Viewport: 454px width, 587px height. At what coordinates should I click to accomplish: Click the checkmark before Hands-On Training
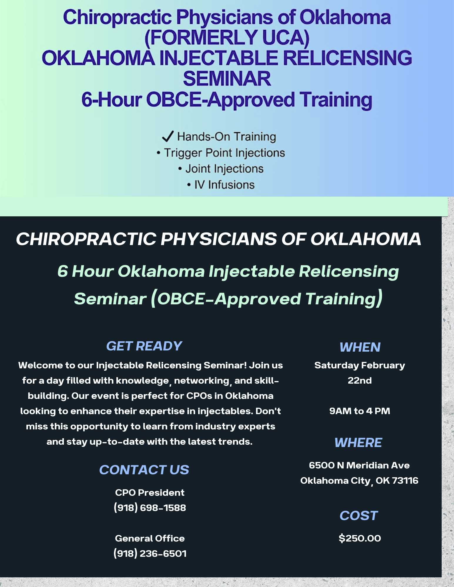(168, 136)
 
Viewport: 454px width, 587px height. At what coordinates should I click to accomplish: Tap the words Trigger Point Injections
(225, 153)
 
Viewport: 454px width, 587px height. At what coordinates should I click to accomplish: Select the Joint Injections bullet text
(225, 169)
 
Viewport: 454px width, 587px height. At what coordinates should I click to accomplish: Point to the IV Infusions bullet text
(225, 185)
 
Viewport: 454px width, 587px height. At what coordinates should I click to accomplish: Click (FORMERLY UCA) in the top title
(227, 38)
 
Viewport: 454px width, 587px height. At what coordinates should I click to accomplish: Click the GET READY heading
(144, 346)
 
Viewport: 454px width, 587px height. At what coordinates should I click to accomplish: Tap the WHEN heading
(360, 347)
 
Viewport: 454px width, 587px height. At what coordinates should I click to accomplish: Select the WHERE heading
(358, 443)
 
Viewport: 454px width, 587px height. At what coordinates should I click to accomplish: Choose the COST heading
(358, 516)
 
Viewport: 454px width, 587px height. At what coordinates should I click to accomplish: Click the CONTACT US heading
(144, 470)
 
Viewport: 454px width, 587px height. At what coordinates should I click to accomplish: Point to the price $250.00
(360, 538)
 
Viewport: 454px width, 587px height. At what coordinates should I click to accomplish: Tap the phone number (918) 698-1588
(150, 508)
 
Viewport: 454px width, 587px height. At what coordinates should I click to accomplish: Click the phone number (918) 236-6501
(150, 554)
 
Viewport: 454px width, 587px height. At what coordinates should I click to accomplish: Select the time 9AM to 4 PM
(360, 411)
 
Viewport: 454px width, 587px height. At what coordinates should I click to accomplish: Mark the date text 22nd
(360, 380)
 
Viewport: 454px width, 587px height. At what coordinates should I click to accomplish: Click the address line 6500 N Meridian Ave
(359, 465)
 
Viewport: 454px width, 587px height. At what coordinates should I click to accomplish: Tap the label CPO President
(150, 492)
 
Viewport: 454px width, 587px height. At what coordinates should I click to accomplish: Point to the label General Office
(150, 538)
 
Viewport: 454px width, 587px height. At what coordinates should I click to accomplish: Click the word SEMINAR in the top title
(227, 79)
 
